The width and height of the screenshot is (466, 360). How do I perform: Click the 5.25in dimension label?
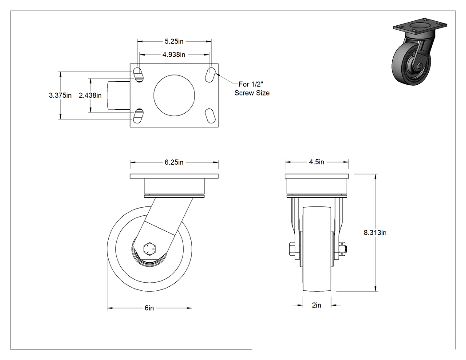(174, 41)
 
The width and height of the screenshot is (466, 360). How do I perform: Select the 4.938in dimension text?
(174, 55)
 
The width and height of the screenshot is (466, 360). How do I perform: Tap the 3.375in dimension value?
(60, 95)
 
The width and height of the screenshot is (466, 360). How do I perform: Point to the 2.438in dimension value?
(90, 95)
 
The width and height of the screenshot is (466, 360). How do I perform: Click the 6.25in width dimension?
(174, 162)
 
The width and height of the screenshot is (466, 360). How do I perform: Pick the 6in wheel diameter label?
(149, 308)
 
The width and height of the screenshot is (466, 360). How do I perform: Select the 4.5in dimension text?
(316, 162)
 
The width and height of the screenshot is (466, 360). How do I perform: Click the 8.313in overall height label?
(375, 233)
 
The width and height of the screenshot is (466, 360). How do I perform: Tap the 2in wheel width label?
(316, 305)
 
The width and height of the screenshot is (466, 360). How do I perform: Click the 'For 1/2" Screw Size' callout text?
(252, 89)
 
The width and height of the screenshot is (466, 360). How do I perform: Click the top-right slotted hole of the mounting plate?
(210, 74)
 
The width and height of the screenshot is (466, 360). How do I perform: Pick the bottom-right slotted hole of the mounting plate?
(210, 116)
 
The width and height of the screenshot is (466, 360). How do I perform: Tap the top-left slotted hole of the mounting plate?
(138, 74)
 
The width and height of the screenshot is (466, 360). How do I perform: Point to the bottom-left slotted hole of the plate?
(138, 116)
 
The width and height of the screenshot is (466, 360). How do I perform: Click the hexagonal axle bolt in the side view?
(149, 249)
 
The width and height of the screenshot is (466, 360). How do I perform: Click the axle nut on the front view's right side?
(343, 249)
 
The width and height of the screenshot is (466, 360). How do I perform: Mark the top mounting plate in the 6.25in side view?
(174, 176)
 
